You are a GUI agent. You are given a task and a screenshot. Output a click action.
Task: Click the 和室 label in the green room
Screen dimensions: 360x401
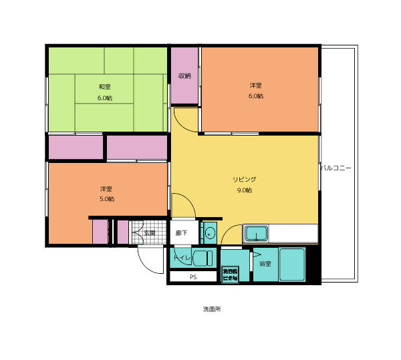[x=104, y=87]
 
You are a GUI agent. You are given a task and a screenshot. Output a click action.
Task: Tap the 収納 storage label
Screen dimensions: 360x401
[x=184, y=76]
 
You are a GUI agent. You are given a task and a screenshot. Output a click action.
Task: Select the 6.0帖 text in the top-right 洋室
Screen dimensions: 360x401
[x=256, y=96]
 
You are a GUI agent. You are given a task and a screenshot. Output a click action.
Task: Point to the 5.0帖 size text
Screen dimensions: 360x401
[x=107, y=198]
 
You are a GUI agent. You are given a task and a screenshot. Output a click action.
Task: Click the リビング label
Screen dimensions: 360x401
[x=244, y=179]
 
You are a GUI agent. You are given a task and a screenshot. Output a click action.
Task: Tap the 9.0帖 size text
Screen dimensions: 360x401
[x=244, y=190]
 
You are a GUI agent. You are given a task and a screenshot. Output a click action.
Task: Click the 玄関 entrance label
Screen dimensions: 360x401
[x=150, y=233]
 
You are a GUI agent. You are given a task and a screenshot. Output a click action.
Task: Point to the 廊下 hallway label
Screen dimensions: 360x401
[x=182, y=233]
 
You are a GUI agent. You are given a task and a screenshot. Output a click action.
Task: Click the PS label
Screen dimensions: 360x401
[x=193, y=277]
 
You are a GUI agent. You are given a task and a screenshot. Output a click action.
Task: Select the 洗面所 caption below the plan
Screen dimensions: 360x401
[x=211, y=310]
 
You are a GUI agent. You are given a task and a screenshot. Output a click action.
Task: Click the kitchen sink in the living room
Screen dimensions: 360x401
[x=257, y=234]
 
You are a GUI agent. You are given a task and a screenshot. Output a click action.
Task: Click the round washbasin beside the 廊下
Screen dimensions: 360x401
[x=210, y=234]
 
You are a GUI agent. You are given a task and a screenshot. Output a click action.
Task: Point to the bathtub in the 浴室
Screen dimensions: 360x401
[x=292, y=264]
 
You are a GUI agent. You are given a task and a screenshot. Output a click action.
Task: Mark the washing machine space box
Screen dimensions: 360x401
[x=230, y=275]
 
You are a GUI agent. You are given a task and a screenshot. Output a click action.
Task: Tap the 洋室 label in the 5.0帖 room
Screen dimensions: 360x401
[x=106, y=188]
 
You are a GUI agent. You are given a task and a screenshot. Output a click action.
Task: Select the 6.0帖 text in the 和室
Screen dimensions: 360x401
[x=104, y=98]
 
